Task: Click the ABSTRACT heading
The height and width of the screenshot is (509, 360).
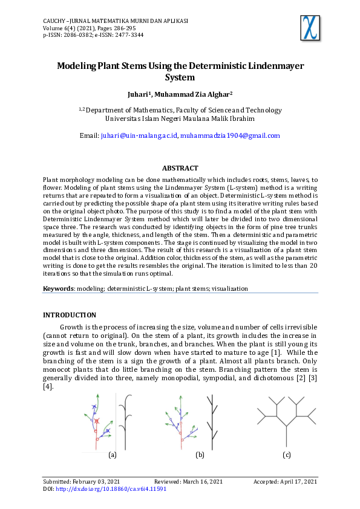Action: coord(180,168)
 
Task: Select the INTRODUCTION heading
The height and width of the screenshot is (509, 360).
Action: coord(69,315)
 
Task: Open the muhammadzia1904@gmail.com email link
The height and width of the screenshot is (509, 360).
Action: coord(231,136)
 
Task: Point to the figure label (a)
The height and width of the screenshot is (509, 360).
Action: coord(112,454)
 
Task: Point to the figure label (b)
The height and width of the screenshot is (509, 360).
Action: coord(200,454)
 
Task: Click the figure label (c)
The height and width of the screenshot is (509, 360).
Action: coord(287,454)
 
